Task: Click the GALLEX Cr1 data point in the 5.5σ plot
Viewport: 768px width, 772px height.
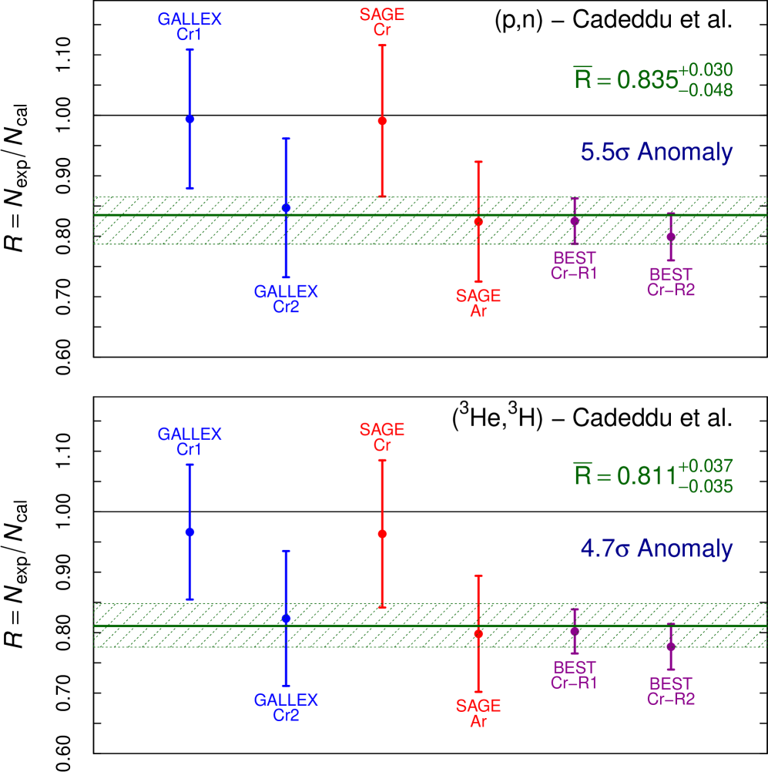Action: pyautogui.click(x=190, y=119)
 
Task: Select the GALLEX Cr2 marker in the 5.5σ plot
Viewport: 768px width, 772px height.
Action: pyautogui.click(x=286, y=208)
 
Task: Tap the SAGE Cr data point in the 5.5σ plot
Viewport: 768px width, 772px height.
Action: pyautogui.click(x=382, y=121)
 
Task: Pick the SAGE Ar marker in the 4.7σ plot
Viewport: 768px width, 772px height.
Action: pyautogui.click(x=478, y=633)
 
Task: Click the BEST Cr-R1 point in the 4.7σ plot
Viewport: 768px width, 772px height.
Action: pyautogui.click(x=575, y=631)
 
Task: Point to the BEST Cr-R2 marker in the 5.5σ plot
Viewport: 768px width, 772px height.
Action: pyautogui.click(x=671, y=237)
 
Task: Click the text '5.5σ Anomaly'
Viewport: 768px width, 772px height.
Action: pyautogui.click(x=656, y=153)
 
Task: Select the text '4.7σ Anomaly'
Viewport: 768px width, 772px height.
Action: pyautogui.click(x=656, y=549)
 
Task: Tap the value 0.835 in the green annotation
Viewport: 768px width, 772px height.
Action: pyautogui.click(x=647, y=80)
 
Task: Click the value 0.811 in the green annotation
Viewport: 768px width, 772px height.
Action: pyautogui.click(x=647, y=477)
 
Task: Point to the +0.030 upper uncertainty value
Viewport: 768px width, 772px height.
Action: pyautogui.click(x=705, y=70)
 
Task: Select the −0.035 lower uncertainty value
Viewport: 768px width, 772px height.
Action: pyautogui.click(x=705, y=487)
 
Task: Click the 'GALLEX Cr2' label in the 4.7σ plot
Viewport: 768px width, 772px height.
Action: pyautogui.click(x=286, y=707)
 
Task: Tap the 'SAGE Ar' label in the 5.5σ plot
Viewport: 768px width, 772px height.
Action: pyautogui.click(x=478, y=304)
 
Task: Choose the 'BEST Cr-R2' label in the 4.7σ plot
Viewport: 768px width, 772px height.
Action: pyautogui.click(x=671, y=691)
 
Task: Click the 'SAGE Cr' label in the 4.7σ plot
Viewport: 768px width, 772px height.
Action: pyautogui.click(x=382, y=437)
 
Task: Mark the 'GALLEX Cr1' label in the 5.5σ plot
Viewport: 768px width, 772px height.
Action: pyautogui.click(x=190, y=26)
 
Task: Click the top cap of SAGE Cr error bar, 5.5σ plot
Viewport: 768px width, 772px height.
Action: pyautogui.click(x=382, y=45)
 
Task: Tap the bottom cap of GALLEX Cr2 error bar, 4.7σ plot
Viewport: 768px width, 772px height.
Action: pyautogui.click(x=286, y=685)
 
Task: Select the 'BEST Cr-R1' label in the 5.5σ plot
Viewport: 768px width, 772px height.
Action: pyautogui.click(x=575, y=265)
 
